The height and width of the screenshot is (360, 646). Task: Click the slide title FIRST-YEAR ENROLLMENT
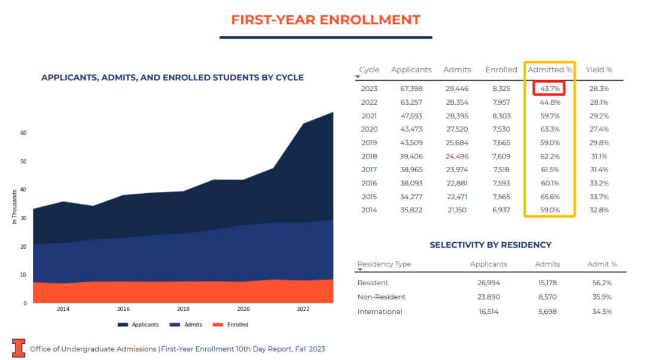tap(325, 20)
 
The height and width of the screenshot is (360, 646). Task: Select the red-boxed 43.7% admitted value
tap(550, 89)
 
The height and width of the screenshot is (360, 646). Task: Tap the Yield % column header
tap(599, 69)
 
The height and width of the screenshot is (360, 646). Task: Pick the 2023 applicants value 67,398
tap(412, 89)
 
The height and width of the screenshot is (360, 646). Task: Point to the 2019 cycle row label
tap(369, 142)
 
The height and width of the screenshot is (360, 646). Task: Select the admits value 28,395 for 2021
tap(458, 115)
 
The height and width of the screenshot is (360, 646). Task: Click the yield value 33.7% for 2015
tap(599, 197)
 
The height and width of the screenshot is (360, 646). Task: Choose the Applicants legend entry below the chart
tap(138, 325)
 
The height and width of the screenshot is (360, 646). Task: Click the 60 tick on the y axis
tap(23, 133)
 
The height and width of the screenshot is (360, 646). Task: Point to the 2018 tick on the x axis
tap(183, 309)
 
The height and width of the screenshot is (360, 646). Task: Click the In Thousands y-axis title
tap(14, 207)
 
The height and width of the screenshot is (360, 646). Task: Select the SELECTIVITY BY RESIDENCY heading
tap(490, 245)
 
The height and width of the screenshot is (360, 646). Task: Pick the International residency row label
tap(380, 312)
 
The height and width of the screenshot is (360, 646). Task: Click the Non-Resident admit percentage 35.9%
tap(599, 297)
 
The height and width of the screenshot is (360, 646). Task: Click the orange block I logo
tap(19, 348)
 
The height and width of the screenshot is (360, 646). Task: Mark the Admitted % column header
tap(550, 69)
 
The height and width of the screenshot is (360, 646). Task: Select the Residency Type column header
tap(384, 264)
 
